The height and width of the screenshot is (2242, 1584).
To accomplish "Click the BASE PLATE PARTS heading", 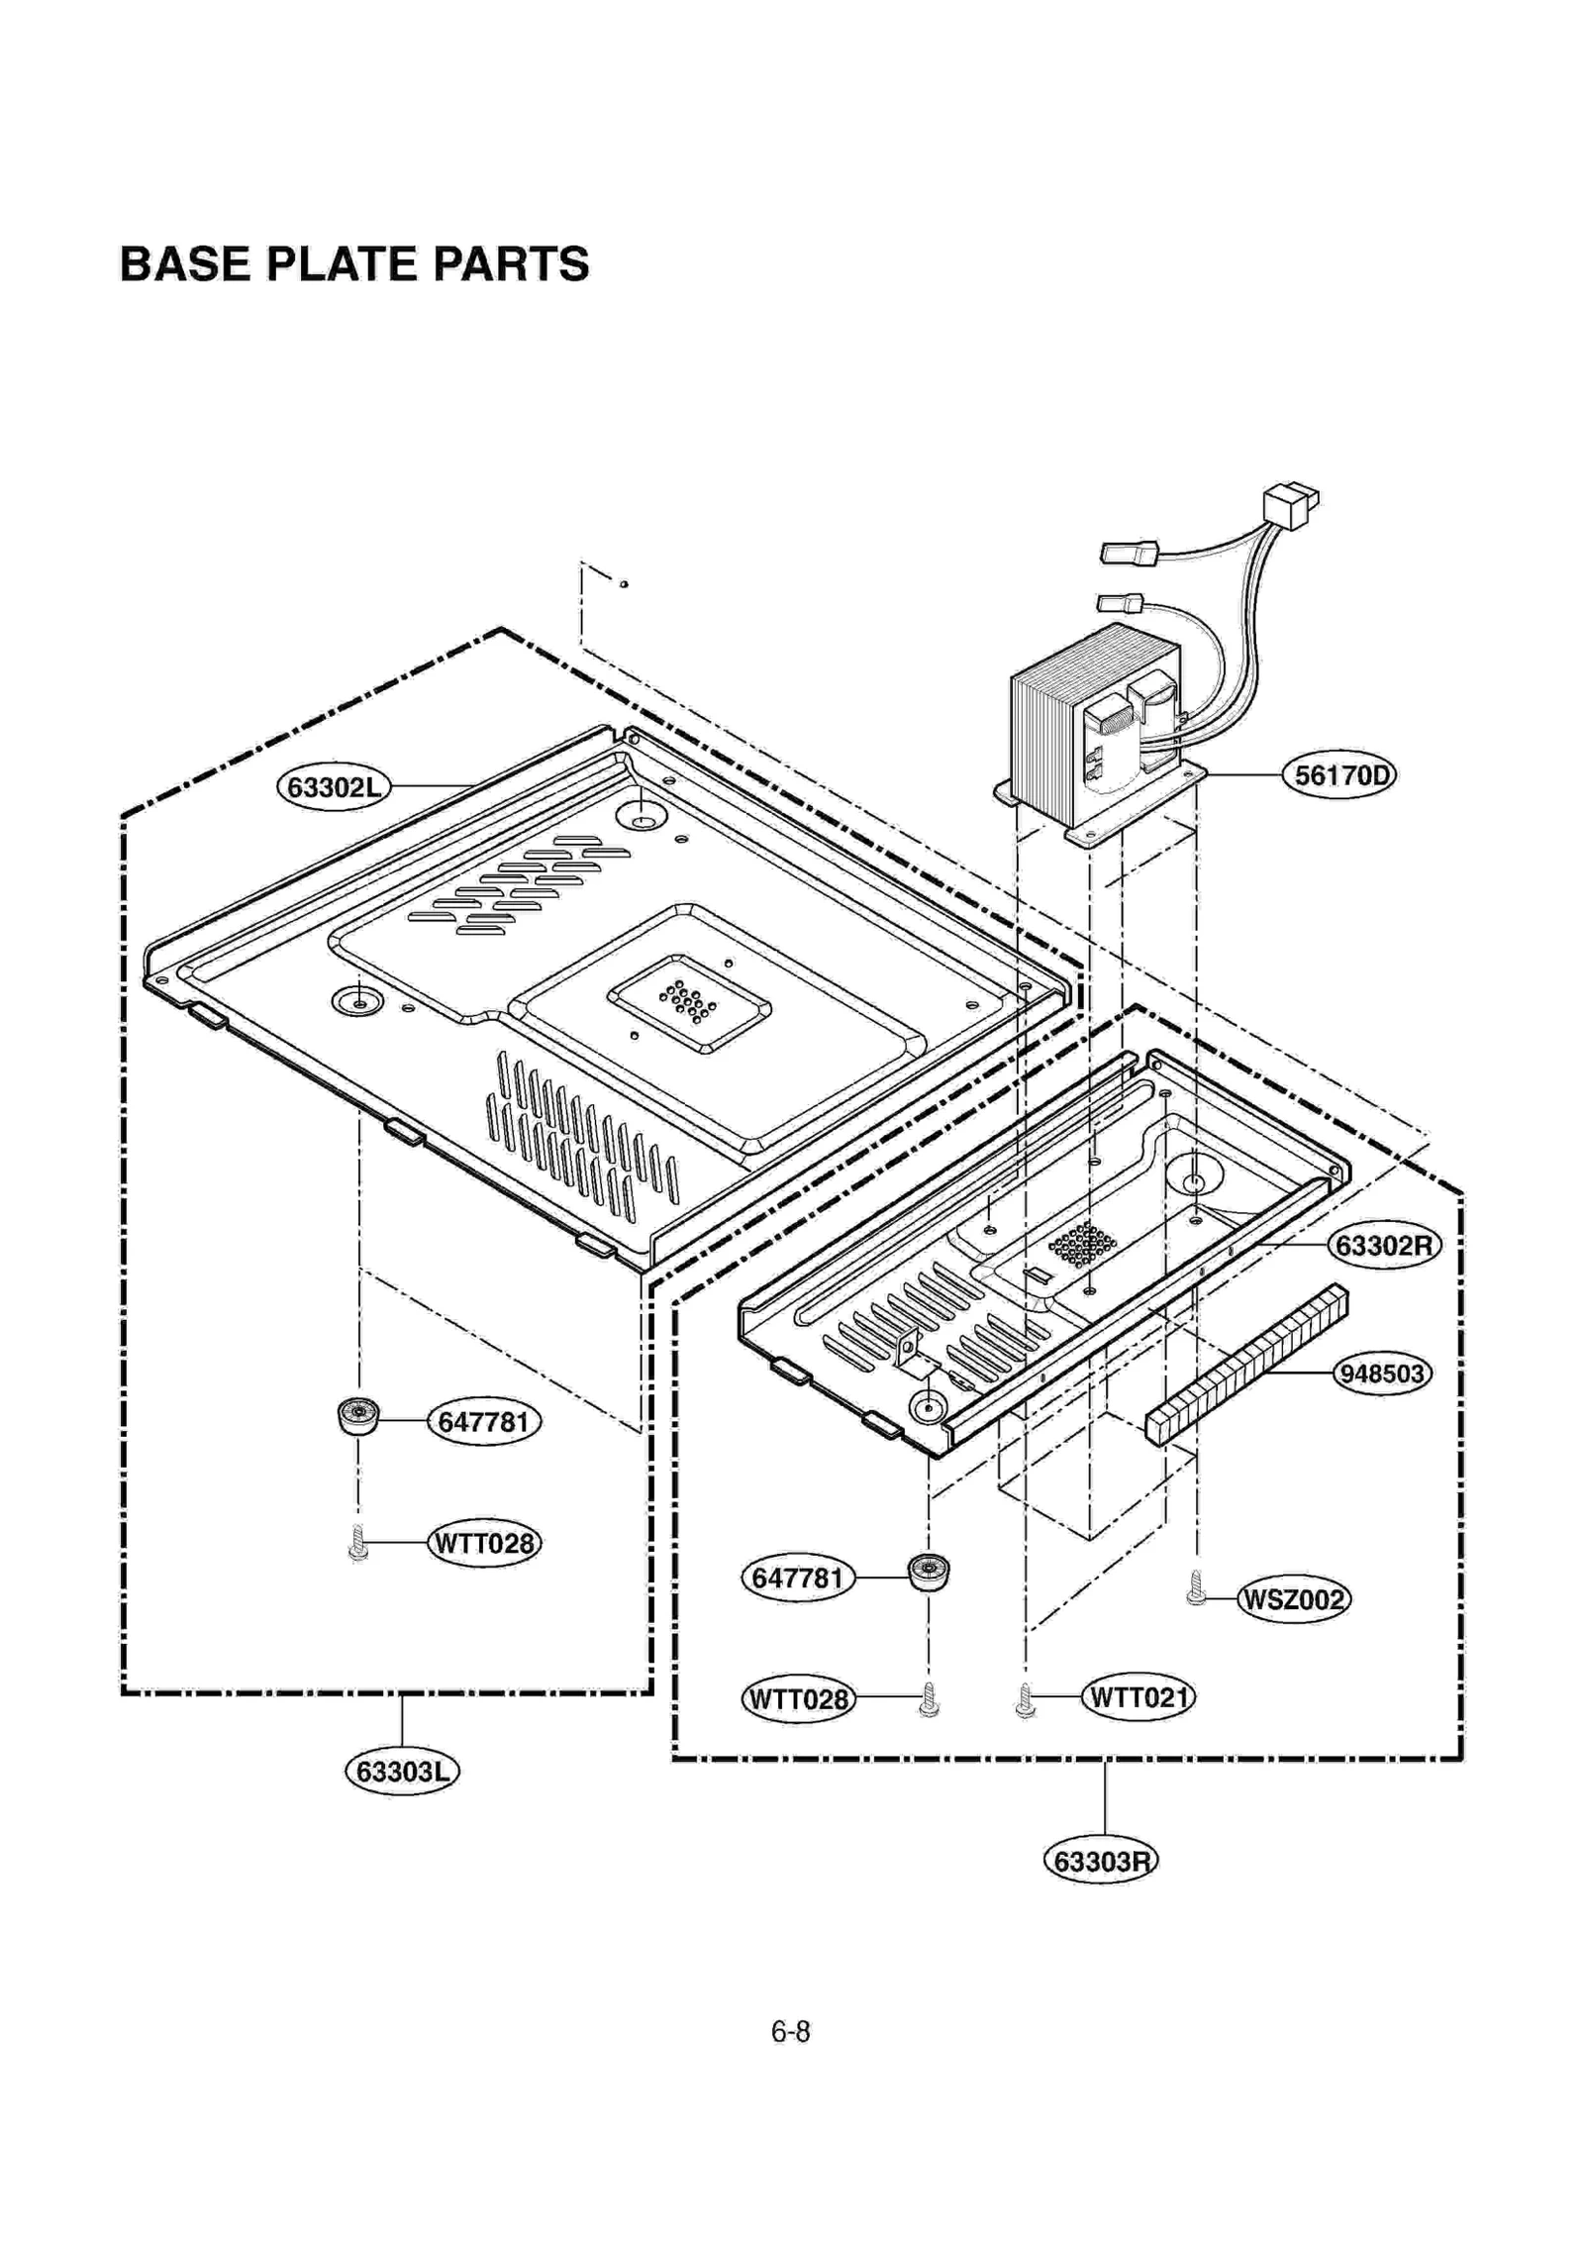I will tap(353, 264).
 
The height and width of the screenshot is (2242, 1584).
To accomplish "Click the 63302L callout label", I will tap(334, 787).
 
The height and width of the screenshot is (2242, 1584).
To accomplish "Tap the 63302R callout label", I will tap(1383, 1245).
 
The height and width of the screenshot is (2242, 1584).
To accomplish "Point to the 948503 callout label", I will tap(1381, 1374).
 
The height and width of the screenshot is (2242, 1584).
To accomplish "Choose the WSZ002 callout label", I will tap(1294, 1599).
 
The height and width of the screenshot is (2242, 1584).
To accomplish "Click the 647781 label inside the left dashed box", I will tap(484, 1422).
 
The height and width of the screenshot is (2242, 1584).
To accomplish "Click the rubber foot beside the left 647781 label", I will tap(358, 1417).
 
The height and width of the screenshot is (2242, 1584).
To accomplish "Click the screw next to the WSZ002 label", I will tap(1196, 1587).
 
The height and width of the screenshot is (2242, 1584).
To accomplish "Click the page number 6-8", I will tap(790, 2032).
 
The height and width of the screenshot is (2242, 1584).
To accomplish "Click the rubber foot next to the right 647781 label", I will tap(928, 1572).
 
